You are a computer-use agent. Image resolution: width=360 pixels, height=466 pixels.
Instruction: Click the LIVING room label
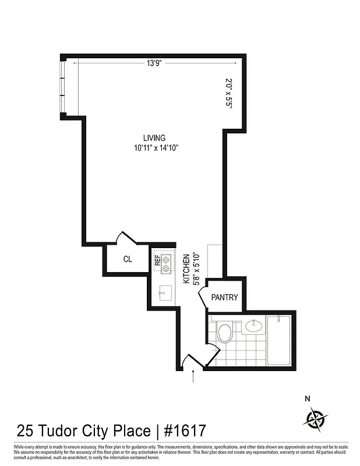[155, 138]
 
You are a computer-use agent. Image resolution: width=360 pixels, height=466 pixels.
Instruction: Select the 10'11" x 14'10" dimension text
[155, 148]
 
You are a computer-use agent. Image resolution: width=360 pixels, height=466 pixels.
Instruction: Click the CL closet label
[128, 260]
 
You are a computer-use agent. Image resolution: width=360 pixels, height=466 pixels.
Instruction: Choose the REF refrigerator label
[157, 260]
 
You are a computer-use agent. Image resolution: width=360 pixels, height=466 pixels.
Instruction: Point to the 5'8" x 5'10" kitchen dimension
[196, 269]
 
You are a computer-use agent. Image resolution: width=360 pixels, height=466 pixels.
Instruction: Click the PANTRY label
[224, 298]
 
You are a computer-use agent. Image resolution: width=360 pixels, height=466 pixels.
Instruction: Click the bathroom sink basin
[253, 326]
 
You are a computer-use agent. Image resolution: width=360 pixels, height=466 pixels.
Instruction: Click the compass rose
[315, 418]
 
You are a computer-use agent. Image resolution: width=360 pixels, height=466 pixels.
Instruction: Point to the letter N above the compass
[308, 399]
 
